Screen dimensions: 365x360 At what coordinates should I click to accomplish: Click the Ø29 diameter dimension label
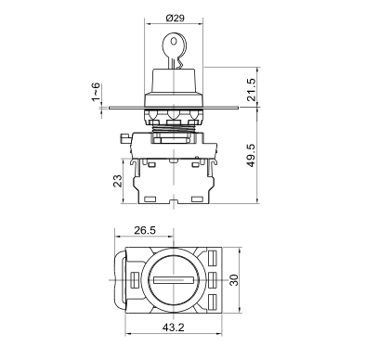click(x=175, y=18)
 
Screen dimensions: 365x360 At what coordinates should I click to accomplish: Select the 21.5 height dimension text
click(x=252, y=89)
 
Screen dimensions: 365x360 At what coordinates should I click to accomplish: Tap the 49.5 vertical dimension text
click(x=252, y=155)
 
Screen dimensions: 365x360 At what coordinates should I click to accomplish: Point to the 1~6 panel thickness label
click(x=96, y=92)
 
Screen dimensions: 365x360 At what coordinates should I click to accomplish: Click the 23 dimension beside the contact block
click(x=118, y=181)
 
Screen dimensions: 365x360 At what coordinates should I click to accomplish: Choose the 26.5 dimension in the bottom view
click(x=145, y=230)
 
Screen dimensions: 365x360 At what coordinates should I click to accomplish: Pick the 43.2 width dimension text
click(x=174, y=327)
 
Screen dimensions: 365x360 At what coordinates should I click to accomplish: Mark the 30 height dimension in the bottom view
click(x=234, y=280)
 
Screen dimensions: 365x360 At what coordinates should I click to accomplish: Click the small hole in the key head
click(x=174, y=41)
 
